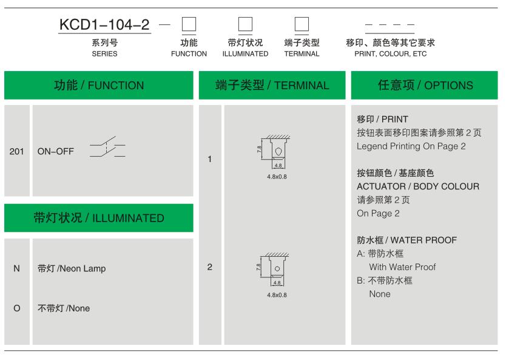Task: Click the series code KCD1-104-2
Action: (x=104, y=25)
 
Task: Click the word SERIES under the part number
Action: (x=104, y=53)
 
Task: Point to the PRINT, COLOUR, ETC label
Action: (x=391, y=53)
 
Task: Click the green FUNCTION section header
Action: (x=99, y=85)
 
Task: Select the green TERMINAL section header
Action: (x=272, y=85)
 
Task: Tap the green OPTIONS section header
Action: (x=424, y=85)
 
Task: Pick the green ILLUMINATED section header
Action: (x=99, y=218)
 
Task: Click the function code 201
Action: (x=16, y=151)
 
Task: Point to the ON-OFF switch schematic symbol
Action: (x=107, y=147)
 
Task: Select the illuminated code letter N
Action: (x=16, y=268)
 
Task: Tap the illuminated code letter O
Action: (x=17, y=308)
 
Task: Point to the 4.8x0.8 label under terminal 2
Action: (x=277, y=295)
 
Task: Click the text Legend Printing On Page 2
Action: (x=411, y=146)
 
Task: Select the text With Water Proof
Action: (x=402, y=267)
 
